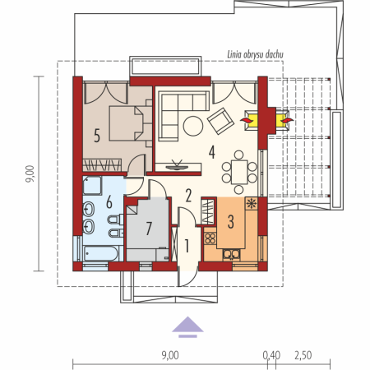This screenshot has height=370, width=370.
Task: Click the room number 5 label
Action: click(x=97, y=136)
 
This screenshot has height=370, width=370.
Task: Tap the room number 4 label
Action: click(x=211, y=152)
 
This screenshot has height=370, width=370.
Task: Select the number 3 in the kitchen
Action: click(x=231, y=222)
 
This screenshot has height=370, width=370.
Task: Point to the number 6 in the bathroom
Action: click(x=109, y=202)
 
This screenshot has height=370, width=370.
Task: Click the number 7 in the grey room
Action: click(x=149, y=229)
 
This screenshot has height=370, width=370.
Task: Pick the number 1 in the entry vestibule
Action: click(x=187, y=246)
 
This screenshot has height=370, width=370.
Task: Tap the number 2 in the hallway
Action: click(x=188, y=196)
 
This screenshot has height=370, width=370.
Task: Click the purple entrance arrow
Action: click(x=187, y=326)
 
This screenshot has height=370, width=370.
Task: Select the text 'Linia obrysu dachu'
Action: click(x=255, y=54)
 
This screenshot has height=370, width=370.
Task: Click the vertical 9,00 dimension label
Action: click(x=30, y=173)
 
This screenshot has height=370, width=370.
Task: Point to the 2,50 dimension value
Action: click(x=303, y=355)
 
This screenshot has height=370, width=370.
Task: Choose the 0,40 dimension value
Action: click(x=271, y=355)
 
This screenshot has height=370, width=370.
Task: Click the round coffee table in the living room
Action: click(x=193, y=126)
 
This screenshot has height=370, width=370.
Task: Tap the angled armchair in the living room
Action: click(x=221, y=121)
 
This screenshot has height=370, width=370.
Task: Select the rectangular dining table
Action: click(x=239, y=172)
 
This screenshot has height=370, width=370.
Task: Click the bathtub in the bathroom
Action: click(x=101, y=253)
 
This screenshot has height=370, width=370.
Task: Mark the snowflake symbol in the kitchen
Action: click(x=251, y=204)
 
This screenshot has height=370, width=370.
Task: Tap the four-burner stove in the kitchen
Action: click(x=210, y=238)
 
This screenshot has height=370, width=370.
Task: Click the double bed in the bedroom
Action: click(x=127, y=123)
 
